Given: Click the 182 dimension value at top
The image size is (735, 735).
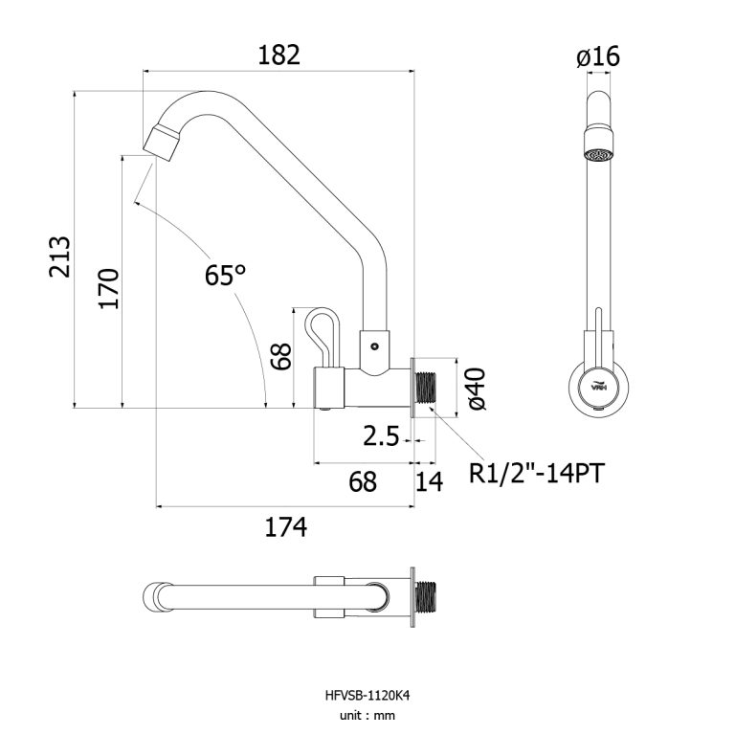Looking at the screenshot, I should [x=278, y=55].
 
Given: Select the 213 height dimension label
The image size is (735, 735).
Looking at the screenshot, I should [x=60, y=256].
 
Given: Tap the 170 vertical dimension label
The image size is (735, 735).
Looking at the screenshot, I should [x=108, y=287].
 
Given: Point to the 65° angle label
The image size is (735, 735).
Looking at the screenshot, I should [x=225, y=276].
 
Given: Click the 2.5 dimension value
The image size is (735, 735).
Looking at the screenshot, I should [x=381, y=437].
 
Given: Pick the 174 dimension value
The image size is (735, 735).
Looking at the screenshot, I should [x=284, y=526].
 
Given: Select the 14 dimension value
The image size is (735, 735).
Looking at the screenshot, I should [x=430, y=481].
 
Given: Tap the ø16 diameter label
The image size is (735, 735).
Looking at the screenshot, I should [x=598, y=57].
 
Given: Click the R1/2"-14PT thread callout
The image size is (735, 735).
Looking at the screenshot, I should [x=536, y=473].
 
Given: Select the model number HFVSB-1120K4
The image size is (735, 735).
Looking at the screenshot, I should [x=368, y=697].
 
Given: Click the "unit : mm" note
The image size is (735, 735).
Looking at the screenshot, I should [x=368, y=715].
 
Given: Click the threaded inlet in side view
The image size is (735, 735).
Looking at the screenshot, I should [x=427, y=386].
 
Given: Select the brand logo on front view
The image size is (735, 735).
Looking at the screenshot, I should [x=597, y=387].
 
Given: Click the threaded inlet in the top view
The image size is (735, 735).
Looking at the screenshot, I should [x=429, y=597].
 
